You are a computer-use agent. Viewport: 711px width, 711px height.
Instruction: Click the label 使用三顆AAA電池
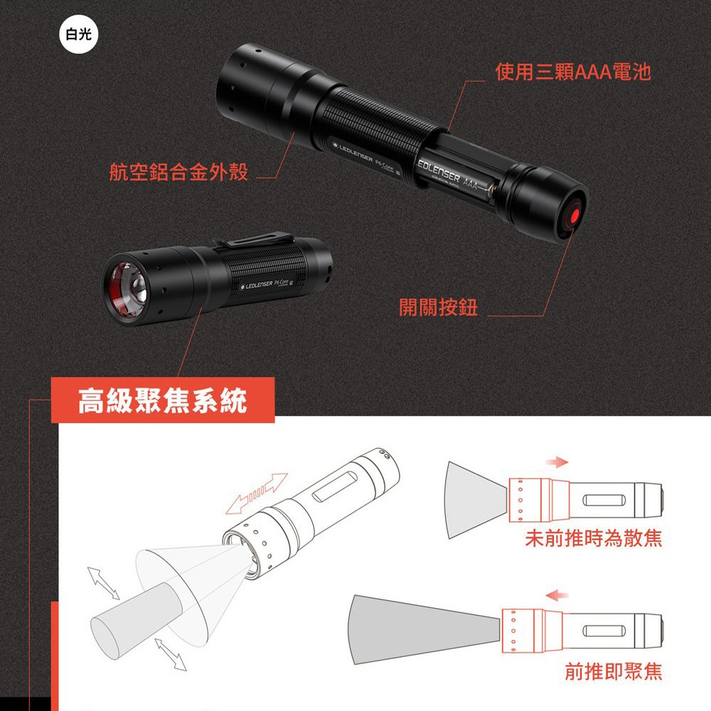click(x=573, y=72)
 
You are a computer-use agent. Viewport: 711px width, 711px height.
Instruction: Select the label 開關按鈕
click(x=438, y=307)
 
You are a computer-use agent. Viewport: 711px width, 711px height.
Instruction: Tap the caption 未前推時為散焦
click(x=593, y=539)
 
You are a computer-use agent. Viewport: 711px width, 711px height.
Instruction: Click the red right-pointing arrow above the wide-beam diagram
click(x=557, y=463)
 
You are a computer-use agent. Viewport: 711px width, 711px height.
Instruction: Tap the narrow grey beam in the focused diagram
click(x=419, y=622)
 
